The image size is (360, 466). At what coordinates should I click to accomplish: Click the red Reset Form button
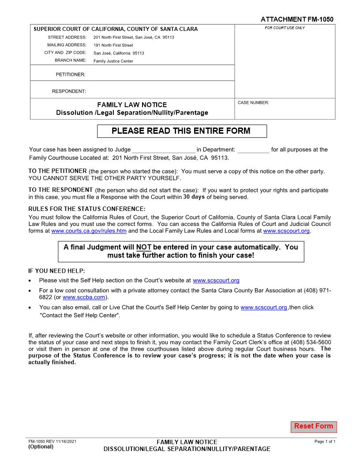pyautogui.click(x=313, y=426)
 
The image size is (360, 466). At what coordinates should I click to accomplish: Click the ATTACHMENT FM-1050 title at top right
pyautogui.click(x=297, y=19)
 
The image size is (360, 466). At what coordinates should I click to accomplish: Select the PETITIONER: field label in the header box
pyautogui.click(x=71, y=75)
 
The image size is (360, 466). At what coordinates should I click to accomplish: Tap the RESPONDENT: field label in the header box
pyautogui.click(x=69, y=91)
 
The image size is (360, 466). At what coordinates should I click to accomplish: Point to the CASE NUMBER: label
pyautogui.click(x=253, y=103)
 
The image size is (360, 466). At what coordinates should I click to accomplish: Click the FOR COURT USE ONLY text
pyautogui.click(x=285, y=28)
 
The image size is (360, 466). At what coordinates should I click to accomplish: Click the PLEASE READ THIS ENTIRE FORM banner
pyautogui.click(x=181, y=131)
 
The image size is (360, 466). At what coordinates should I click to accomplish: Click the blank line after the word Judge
pyautogui.click(x=163, y=150)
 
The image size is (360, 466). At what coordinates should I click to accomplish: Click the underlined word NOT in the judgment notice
pyautogui.click(x=144, y=247)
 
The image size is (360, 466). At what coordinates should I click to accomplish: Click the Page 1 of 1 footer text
pyautogui.click(x=325, y=441)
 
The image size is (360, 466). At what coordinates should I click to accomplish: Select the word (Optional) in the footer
pyautogui.click(x=41, y=447)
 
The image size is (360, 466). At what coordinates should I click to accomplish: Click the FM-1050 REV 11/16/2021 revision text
pyautogui.click(x=52, y=441)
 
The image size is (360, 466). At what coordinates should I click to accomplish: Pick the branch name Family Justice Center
pyautogui.click(x=113, y=61)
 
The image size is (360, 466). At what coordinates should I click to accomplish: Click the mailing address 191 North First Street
pyautogui.click(x=113, y=45)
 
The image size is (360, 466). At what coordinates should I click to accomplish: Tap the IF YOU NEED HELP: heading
pyautogui.click(x=56, y=271)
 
